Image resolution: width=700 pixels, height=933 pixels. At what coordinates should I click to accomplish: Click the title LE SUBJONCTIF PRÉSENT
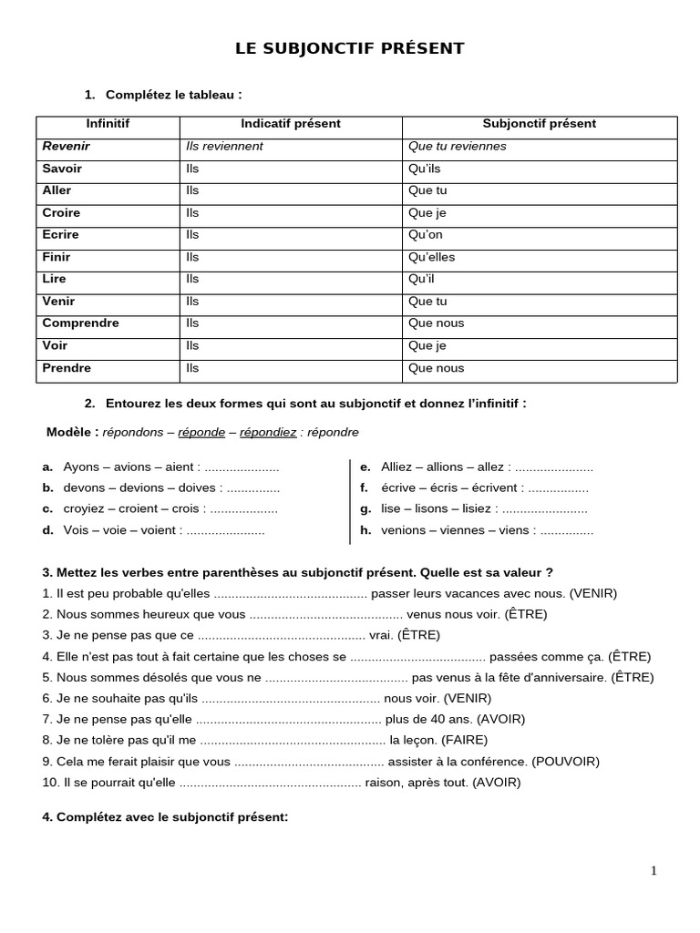(350, 49)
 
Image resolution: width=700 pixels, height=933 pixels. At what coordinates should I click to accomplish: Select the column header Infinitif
(108, 124)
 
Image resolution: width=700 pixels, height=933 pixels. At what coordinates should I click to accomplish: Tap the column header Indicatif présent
(291, 124)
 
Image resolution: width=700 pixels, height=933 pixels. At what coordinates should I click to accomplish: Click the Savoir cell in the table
(62, 169)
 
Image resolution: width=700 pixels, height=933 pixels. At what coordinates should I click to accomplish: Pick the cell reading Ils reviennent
(224, 147)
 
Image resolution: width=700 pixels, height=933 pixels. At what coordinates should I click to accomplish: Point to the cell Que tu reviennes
(457, 147)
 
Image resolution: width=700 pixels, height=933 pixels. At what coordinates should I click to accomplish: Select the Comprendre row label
(80, 323)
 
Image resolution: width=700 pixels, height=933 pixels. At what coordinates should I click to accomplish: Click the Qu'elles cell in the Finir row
(431, 257)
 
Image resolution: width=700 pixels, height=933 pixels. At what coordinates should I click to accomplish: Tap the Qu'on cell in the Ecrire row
(425, 235)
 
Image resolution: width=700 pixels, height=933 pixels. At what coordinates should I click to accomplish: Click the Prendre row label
(67, 368)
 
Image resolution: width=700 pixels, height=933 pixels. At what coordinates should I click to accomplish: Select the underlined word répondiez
(268, 432)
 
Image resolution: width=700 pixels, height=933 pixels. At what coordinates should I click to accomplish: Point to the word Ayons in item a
(81, 466)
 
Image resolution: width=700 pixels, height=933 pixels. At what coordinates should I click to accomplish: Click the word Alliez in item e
(397, 466)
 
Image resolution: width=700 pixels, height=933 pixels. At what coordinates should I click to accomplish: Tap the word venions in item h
(403, 529)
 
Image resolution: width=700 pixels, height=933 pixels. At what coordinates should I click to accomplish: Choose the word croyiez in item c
(84, 508)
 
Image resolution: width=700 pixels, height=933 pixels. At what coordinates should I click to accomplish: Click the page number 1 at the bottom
(654, 870)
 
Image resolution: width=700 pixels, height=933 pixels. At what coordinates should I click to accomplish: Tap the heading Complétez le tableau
(173, 95)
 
